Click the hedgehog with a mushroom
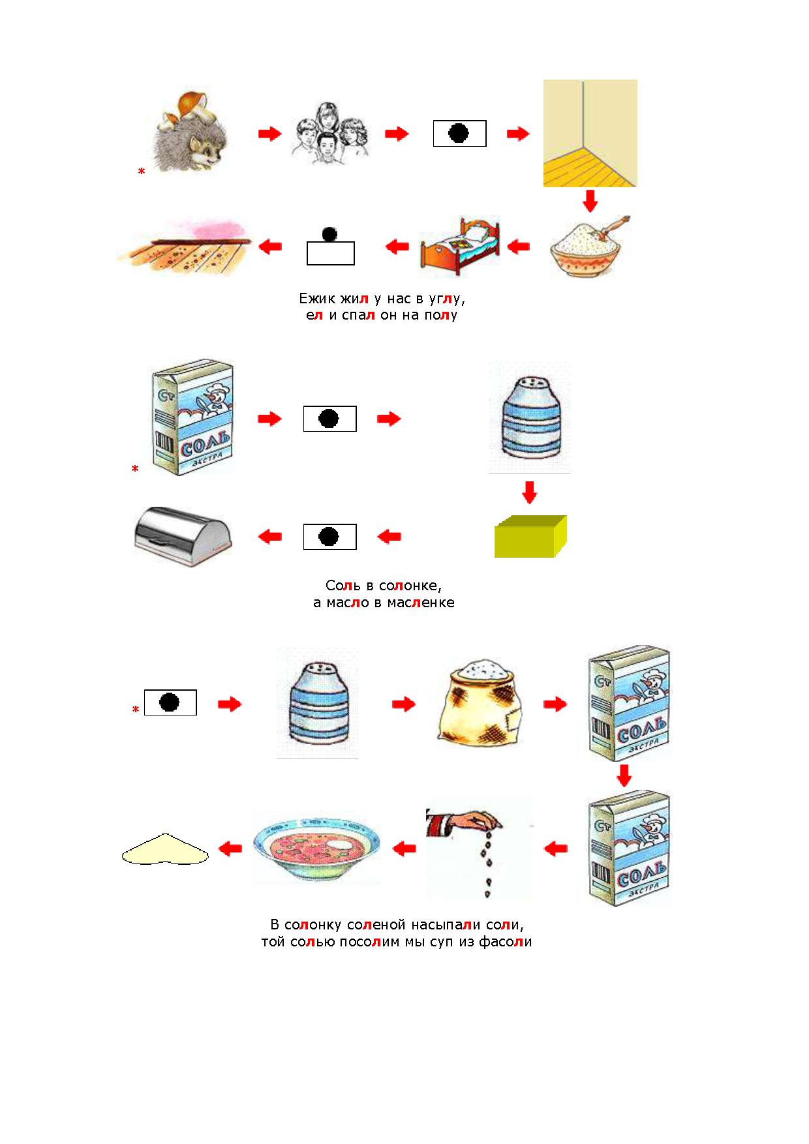(192, 134)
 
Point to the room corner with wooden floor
(590, 133)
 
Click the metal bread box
(183, 537)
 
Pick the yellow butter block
(530, 536)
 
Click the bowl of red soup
(316, 848)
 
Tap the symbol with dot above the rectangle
(330, 247)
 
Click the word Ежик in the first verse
(318, 299)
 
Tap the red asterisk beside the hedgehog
(141, 172)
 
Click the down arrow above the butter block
(529, 492)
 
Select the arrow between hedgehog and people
(269, 134)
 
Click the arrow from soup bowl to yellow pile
(230, 849)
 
